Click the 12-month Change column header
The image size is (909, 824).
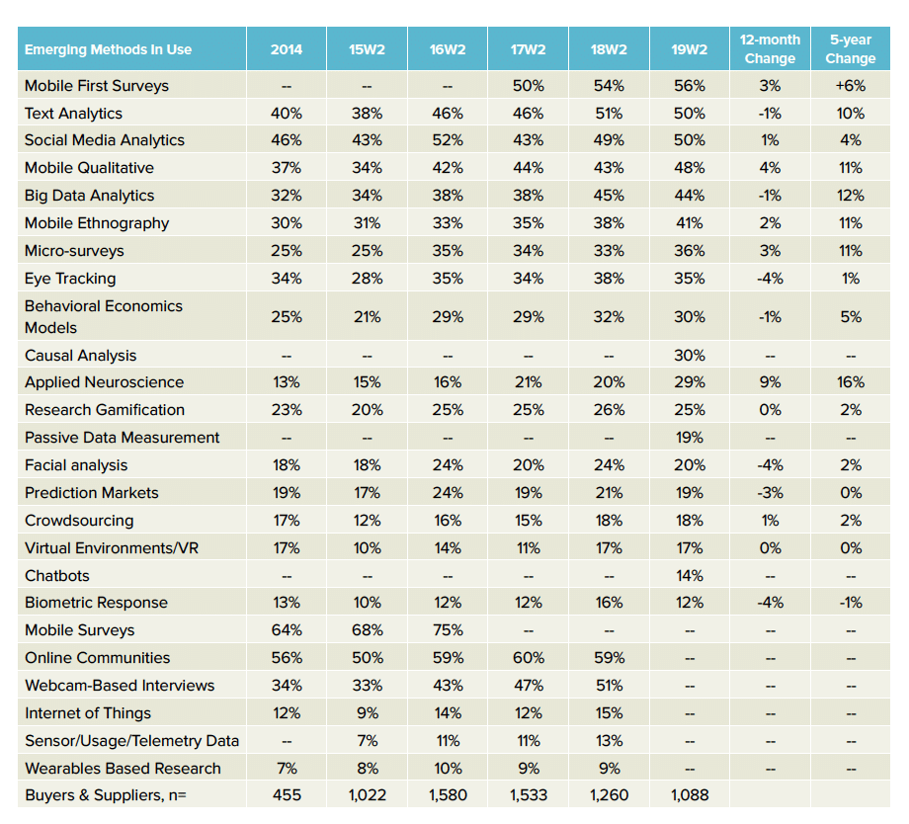[x=770, y=49]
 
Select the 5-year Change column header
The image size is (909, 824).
[x=851, y=49]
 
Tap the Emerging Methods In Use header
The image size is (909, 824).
[x=108, y=49]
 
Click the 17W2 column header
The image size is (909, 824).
[x=529, y=49]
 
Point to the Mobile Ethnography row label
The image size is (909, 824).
[x=97, y=223]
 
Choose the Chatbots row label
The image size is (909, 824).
[x=57, y=576]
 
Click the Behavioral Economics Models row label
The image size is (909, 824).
[x=103, y=316]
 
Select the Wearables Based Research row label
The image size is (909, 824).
[x=123, y=769]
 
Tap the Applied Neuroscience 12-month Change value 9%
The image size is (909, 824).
[x=770, y=382]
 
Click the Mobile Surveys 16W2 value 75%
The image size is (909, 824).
[x=448, y=630]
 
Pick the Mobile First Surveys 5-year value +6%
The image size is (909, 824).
[x=851, y=86]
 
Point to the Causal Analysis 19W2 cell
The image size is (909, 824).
[x=690, y=356]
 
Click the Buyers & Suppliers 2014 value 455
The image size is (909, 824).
[x=287, y=795]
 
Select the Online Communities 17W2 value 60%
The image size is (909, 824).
[x=529, y=658]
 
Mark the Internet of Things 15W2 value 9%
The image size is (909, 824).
[x=367, y=713]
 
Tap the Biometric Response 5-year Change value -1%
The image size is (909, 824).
[x=851, y=603]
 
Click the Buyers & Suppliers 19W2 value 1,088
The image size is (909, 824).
[x=690, y=795]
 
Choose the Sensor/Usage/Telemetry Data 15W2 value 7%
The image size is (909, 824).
[x=367, y=741]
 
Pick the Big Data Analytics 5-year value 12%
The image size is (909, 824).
[x=851, y=196]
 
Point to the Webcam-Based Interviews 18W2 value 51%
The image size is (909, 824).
[x=609, y=686]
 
